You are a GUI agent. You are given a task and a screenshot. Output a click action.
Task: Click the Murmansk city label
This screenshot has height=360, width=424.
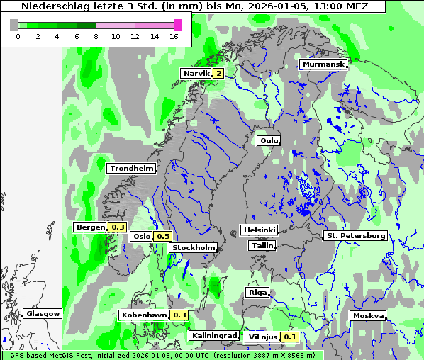pyautogui.click(x=323, y=64)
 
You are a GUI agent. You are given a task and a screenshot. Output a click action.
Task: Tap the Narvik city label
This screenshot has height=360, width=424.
pyautogui.click(x=196, y=73)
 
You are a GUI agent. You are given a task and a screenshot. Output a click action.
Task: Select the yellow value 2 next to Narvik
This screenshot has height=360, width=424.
pyautogui.click(x=219, y=73)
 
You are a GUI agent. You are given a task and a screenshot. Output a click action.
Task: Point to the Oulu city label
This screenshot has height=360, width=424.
pyautogui.click(x=269, y=141)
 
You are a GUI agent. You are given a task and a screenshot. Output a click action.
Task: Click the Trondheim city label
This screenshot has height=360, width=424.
pyautogui.click(x=131, y=169)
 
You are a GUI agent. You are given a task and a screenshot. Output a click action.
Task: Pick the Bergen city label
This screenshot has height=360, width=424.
pyautogui.click(x=90, y=227)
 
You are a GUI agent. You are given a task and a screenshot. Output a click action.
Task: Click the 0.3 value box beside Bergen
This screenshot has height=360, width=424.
pyautogui.click(x=118, y=227)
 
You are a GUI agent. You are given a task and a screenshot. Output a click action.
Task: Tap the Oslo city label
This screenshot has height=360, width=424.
pyautogui.click(x=142, y=237)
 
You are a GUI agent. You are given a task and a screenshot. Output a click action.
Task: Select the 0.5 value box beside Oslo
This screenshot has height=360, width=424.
pyautogui.click(x=164, y=237)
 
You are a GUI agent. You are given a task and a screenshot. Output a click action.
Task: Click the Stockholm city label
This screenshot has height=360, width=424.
pyautogui.click(x=194, y=248)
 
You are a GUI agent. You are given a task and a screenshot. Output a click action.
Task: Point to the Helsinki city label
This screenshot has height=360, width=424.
pyautogui.click(x=260, y=230)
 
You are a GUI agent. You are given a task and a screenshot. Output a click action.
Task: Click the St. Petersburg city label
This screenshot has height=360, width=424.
pyautogui.click(x=355, y=235)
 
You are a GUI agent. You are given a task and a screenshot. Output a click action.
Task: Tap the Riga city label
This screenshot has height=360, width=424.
pyautogui.click(x=256, y=293)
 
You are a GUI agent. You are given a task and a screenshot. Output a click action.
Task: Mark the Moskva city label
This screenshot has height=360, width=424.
pyautogui.click(x=368, y=316)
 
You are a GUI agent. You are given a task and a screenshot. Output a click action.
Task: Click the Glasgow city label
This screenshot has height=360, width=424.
pyautogui.click(x=43, y=314)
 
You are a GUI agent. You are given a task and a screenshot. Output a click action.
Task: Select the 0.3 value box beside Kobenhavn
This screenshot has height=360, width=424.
pyautogui.click(x=180, y=315)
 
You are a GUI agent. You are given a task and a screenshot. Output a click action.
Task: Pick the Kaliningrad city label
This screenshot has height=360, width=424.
pyautogui.click(x=213, y=336)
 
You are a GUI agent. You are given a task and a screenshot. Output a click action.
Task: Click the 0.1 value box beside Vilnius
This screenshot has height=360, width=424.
pyautogui.click(x=290, y=337)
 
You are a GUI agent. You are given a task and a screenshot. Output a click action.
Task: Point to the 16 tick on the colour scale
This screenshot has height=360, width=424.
pyautogui.click(x=174, y=37)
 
